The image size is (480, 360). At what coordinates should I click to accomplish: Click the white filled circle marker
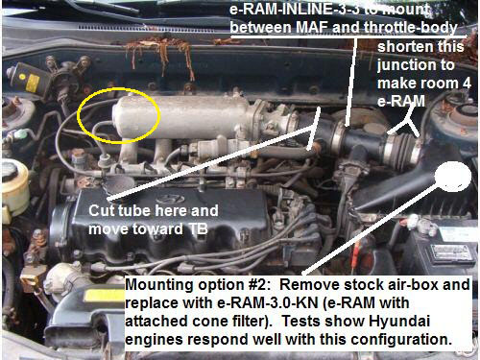[453, 177]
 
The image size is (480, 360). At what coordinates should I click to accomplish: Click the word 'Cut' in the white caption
[102, 211]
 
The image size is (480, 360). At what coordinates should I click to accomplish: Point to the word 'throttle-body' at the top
[411, 28]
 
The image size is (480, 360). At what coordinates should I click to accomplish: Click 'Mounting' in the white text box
[157, 285]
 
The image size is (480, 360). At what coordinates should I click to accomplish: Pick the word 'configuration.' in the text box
[401, 339]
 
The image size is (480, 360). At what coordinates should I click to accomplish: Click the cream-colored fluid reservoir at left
[14, 189]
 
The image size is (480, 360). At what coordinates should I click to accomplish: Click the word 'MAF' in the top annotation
[312, 28]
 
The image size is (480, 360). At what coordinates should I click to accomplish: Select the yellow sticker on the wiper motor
[33, 82]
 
